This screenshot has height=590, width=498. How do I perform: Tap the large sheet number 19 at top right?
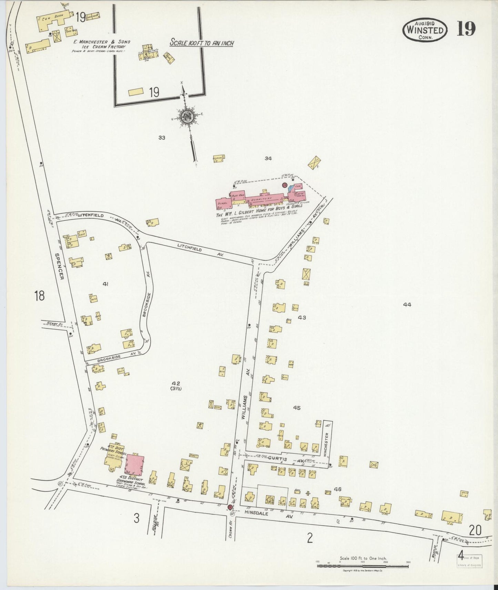(466, 29)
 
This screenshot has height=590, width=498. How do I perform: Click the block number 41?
(105, 284)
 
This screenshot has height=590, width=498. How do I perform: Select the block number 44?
(407, 305)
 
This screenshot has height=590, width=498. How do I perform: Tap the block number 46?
(337, 489)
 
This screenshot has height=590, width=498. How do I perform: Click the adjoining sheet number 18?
(40, 296)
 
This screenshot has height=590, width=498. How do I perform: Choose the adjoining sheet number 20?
(475, 530)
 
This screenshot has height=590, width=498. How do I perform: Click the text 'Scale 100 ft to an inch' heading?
(202, 43)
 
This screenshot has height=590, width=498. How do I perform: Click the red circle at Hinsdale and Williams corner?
(230, 507)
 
